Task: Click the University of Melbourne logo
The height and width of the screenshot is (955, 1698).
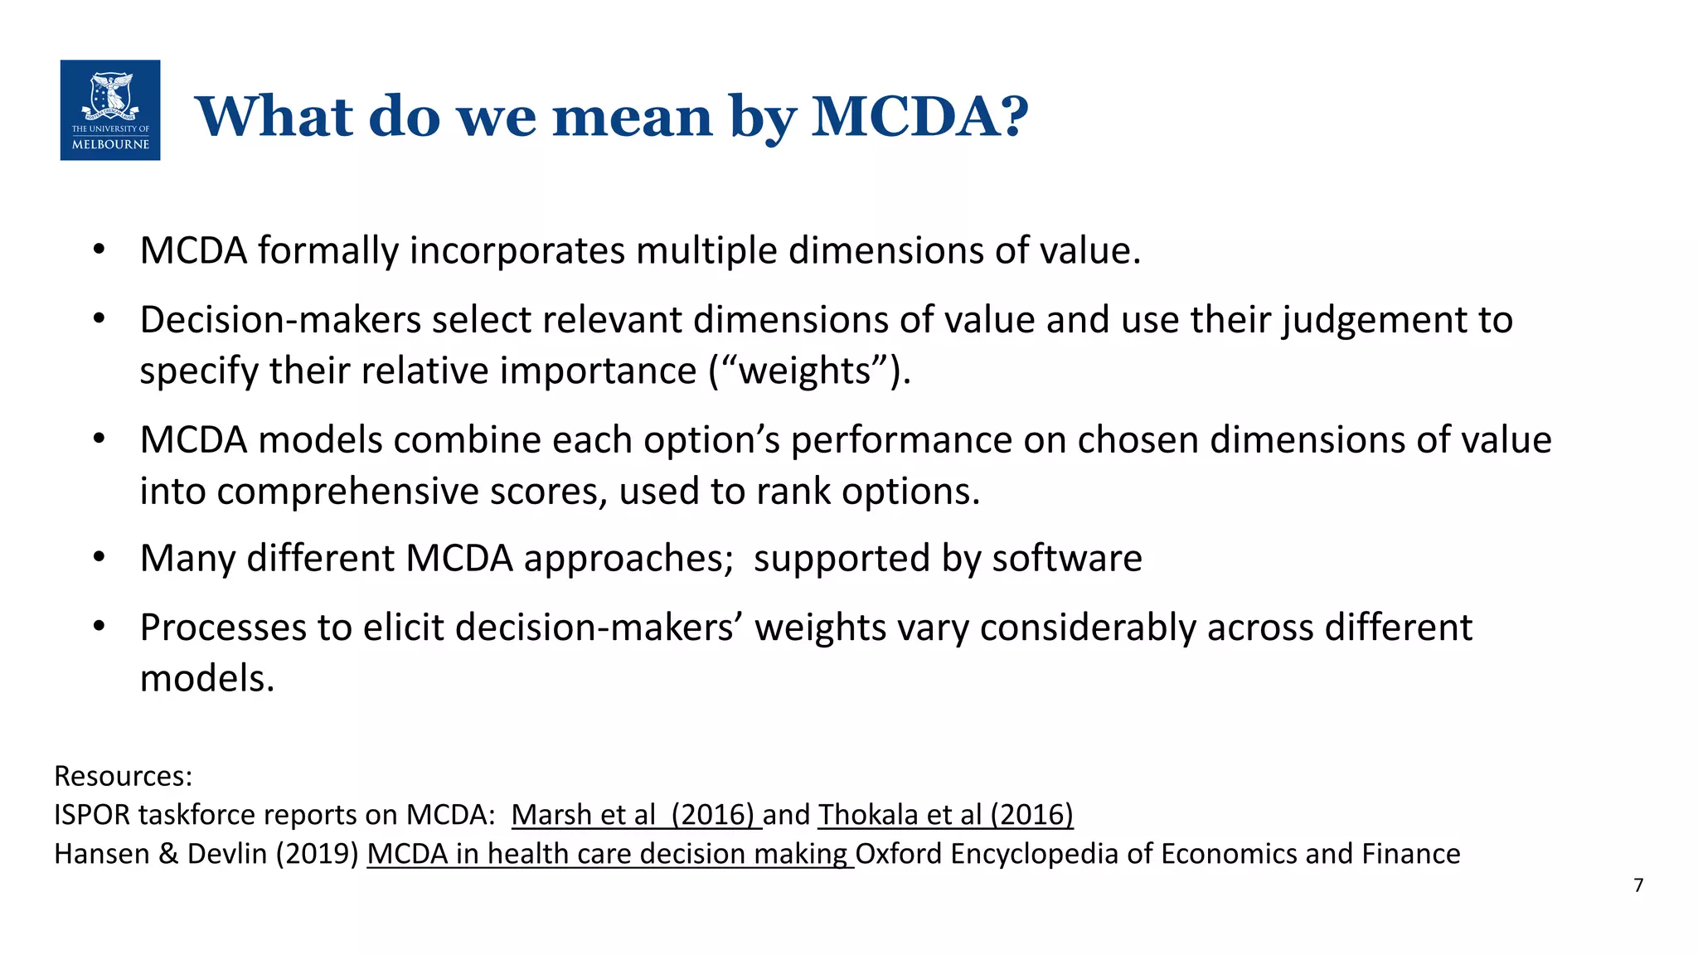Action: pos(110,110)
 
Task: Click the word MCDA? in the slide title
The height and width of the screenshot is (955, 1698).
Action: pos(919,116)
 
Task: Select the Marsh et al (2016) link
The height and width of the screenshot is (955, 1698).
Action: pos(635,815)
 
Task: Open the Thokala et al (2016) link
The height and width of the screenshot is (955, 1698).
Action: pos(945,815)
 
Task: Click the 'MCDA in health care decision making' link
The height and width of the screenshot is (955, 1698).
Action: pos(609,854)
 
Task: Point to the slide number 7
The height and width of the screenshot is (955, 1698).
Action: pos(1638,885)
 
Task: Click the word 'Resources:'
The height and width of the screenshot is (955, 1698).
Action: pos(123,776)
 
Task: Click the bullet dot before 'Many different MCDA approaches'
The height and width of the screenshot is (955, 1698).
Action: pos(99,558)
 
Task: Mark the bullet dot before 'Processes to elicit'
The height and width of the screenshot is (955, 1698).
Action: pos(99,627)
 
